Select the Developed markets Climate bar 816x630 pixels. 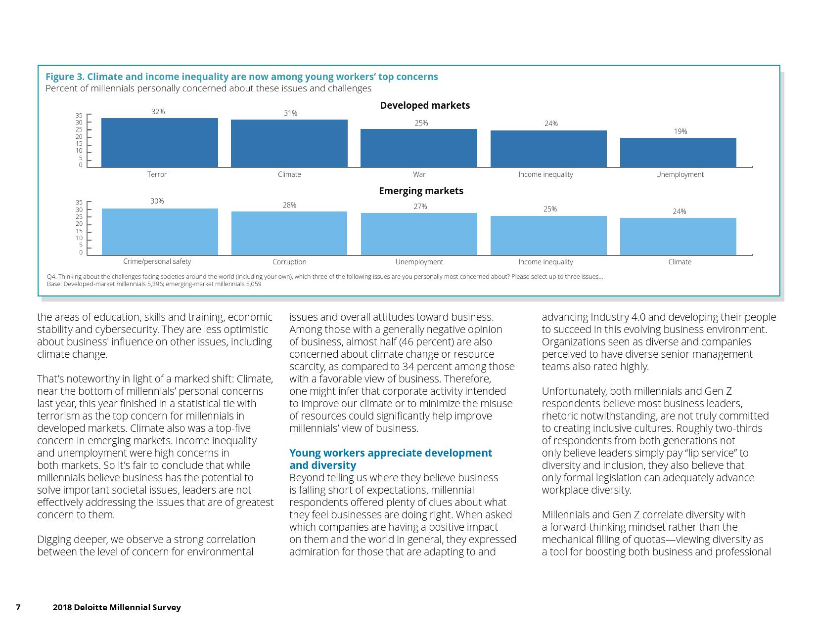coord(289,143)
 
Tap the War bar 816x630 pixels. coord(418,148)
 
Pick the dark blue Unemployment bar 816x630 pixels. coord(678,152)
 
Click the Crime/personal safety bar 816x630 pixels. coord(160,232)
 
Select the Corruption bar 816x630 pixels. coord(289,233)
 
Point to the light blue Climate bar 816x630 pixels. coord(678,236)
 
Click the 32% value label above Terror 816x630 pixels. coord(158,112)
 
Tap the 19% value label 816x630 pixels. coord(680,131)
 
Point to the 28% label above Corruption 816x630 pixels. coord(289,205)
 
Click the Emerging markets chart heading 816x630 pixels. coord(421,191)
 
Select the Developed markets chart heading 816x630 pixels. coord(425,105)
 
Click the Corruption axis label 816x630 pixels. coord(289,262)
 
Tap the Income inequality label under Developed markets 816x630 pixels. coord(545,174)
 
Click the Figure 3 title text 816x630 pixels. coord(241,77)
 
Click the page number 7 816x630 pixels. coord(18,607)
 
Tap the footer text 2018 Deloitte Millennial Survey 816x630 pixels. coord(117,607)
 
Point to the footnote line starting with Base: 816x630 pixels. coord(154,284)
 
